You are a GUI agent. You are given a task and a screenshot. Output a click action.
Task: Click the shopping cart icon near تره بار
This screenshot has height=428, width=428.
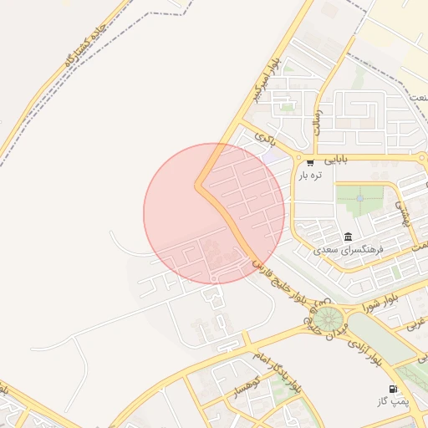[x=310, y=162]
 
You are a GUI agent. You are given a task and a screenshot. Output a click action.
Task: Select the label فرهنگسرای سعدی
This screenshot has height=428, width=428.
[x=348, y=249]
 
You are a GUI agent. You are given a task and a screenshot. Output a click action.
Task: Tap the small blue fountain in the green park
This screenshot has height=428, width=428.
[x=359, y=199]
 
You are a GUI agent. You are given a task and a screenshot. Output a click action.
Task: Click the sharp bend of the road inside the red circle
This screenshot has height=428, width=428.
[x=199, y=186]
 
